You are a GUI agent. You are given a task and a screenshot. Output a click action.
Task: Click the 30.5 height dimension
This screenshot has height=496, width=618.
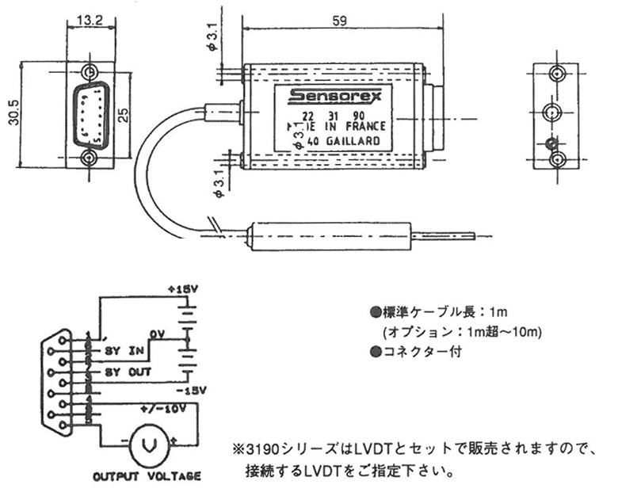[10, 116]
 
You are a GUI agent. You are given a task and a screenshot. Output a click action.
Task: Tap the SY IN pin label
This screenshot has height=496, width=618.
[123, 349]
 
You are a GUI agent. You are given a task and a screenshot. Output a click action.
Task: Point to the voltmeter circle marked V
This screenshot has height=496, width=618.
[147, 445]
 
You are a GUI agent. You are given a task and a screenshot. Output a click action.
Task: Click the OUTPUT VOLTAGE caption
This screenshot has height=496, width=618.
[147, 477]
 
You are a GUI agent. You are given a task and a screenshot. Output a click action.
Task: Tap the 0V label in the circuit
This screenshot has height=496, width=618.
[154, 334]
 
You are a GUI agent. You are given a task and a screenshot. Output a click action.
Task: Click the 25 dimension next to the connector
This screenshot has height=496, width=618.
[123, 116]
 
